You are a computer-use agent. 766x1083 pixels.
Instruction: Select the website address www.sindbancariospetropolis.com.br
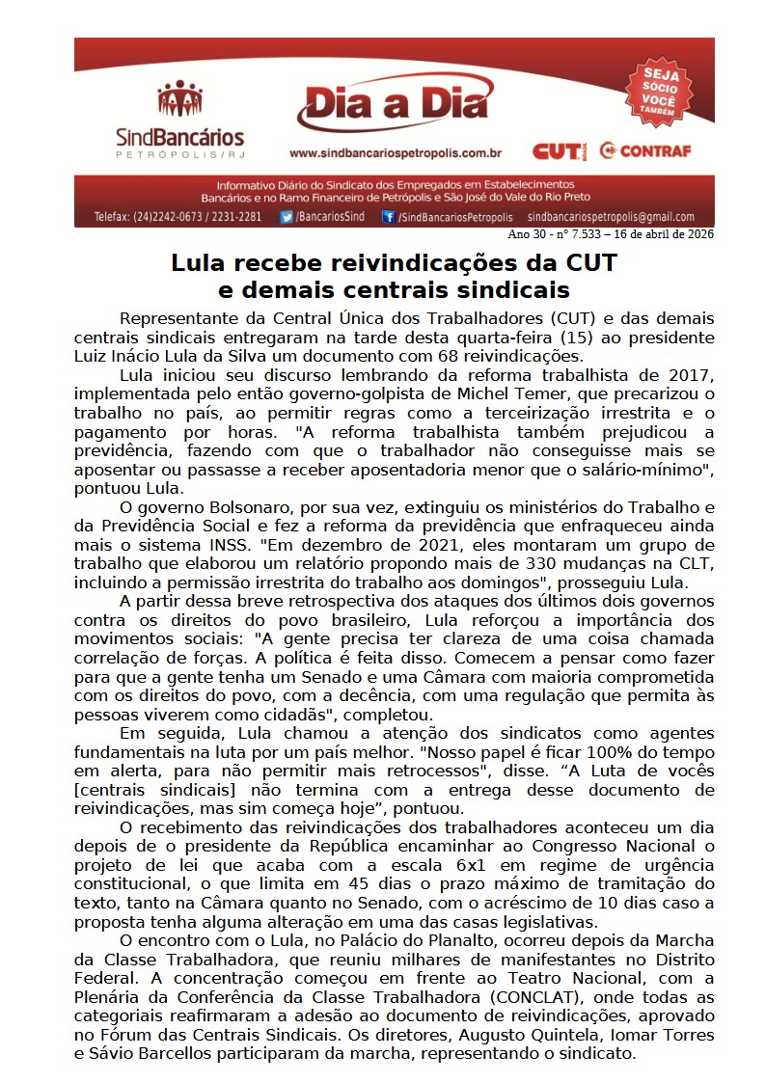click(395, 152)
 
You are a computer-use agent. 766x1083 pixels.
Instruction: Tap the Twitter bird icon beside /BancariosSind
click(287, 217)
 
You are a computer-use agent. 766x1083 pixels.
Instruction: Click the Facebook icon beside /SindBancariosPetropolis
click(388, 217)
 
